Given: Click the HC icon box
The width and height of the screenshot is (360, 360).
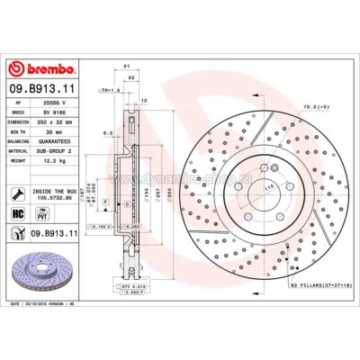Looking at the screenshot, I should [x=19, y=213].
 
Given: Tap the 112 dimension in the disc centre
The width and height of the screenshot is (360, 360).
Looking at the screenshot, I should [x=241, y=187].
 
